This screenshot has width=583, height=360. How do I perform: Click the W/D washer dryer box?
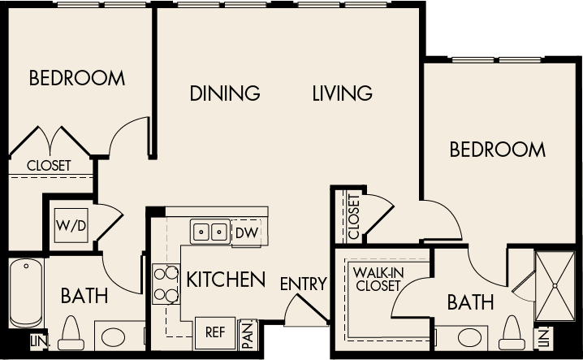point(71,225)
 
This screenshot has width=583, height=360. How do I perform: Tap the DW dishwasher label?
point(245,232)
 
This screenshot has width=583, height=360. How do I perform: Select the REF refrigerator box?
point(214,332)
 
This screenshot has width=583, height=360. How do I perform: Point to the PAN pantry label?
point(248,332)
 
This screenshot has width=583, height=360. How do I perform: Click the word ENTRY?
point(303,284)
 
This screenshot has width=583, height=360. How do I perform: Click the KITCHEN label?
point(226,280)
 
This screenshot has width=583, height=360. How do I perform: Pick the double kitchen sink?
point(210,232)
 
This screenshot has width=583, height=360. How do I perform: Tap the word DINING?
point(225,93)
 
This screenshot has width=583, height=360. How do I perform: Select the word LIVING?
point(342,93)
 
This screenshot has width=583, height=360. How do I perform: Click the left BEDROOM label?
point(77,79)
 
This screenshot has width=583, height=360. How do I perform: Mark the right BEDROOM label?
point(497,150)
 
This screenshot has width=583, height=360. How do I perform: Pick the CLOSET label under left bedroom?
point(49,165)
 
